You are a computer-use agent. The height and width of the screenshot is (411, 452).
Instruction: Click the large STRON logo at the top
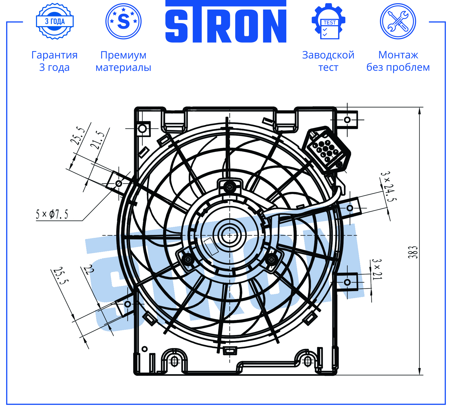coord(226,22)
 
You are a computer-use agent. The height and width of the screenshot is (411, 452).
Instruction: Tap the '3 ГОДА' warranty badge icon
coord(55,21)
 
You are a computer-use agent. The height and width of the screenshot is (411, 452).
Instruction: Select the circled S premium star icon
coord(124,21)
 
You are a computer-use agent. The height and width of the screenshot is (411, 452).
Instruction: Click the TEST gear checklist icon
coord(328,21)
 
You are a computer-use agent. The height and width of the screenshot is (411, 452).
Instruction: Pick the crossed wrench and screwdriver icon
coord(398,21)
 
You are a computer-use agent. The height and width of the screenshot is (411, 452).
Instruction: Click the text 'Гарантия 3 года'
coord(55,61)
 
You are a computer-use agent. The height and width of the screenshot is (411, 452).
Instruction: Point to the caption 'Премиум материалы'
coord(124,61)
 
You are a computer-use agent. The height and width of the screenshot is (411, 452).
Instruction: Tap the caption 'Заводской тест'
coord(328,61)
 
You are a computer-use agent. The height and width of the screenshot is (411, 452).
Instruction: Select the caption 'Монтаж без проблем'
coord(398,61)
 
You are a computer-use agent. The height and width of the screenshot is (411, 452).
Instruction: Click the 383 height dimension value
coord(413,252)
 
